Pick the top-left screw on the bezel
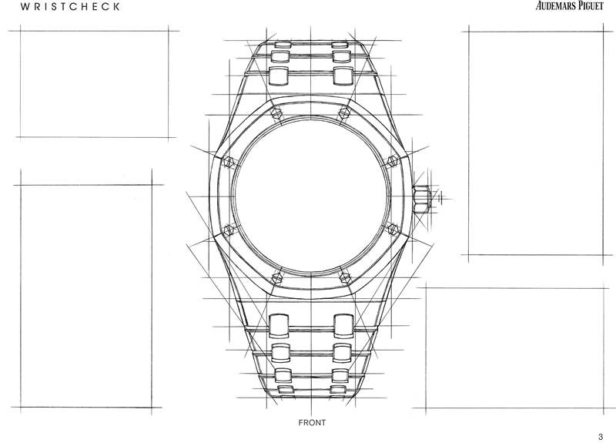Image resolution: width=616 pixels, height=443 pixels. point(278,113)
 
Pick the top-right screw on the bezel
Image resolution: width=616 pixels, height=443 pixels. point(343,113)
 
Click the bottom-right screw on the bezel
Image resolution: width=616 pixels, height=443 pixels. point(343,275)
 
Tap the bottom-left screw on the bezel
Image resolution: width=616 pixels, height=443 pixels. point(278,275)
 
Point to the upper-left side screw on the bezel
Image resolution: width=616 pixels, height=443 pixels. point(229,162)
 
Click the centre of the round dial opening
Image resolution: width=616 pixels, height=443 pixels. point(310,194)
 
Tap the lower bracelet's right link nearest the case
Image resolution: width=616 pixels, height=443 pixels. point(343,321)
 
